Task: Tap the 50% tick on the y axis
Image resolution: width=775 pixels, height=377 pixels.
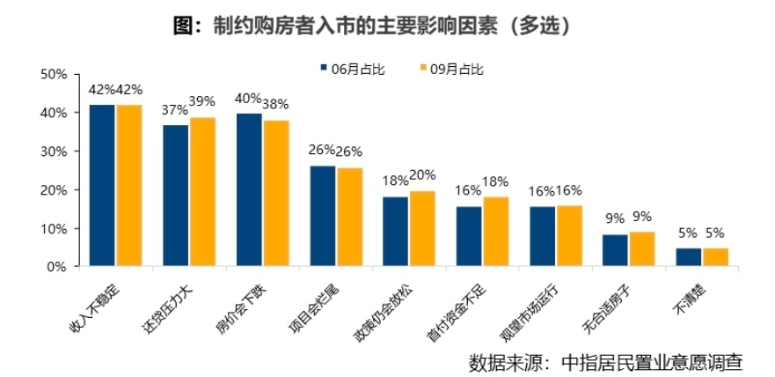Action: coord(55,74)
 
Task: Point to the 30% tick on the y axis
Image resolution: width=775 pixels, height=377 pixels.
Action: coord(55,152)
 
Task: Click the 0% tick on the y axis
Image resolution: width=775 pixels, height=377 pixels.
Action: coord(58,267)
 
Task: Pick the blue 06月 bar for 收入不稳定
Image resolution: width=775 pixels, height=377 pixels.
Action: coord(102,185)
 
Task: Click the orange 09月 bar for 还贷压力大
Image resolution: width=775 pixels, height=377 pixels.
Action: coord(202,192)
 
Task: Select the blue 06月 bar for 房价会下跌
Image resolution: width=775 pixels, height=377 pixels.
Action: coord(249,189)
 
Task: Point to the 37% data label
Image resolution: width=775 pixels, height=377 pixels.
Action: coord(174,110)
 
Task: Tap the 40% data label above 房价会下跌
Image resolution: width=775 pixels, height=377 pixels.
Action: coord(248,98)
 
